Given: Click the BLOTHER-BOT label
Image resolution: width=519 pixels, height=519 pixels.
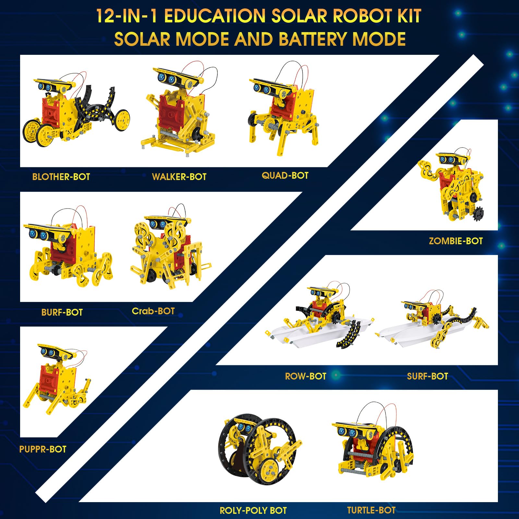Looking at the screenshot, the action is click(x=61, y=177).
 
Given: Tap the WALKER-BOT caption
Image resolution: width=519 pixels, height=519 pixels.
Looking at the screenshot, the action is click(x=179, y=177).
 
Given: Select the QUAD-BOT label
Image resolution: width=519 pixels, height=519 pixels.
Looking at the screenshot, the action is click(x=285, y=175).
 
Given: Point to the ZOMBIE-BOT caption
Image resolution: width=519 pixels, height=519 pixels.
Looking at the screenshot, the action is click(x=456, y=241).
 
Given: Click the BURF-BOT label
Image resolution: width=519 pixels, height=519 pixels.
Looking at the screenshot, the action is click(x=62, y=312).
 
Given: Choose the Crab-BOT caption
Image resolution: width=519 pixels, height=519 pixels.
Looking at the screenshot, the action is click(x=153, y=311).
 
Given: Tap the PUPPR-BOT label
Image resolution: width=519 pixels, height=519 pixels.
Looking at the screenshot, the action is click(x=43, y=449).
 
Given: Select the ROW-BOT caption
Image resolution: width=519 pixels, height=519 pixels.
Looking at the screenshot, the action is click(x=306, y=376).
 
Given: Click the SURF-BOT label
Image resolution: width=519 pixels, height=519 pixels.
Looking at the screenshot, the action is click(x=428, y=376).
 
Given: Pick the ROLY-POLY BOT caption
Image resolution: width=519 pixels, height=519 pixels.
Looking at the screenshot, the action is click(x=253, y=511).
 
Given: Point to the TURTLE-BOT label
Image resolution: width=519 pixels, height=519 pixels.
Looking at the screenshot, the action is click(x=371, y=510).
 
